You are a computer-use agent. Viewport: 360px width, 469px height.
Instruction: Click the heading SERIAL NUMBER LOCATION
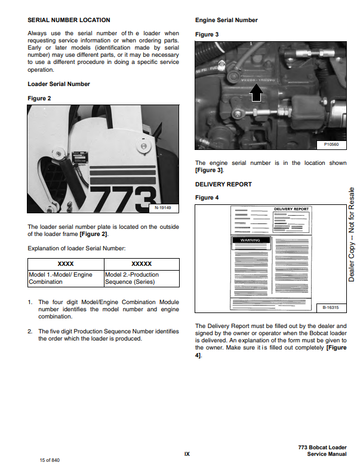point(69,20)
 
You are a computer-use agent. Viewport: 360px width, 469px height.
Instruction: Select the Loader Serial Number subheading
point(59,84)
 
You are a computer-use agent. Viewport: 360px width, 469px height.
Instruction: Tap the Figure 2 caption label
point(39,98)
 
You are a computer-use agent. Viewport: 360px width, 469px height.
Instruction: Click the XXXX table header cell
point(66,263)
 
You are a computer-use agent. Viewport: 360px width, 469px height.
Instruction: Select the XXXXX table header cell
point(141,263)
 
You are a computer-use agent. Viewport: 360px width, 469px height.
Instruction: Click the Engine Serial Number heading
point(226,20)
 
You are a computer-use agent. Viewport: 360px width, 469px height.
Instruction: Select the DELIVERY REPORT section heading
point(223,185)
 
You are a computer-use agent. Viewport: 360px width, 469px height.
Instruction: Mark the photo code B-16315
point(330,307)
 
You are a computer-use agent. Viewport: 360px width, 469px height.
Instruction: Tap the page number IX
point(187,454)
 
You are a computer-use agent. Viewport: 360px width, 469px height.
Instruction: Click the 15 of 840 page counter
point(50,460)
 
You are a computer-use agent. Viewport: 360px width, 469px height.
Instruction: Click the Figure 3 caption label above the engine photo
point(207,35)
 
